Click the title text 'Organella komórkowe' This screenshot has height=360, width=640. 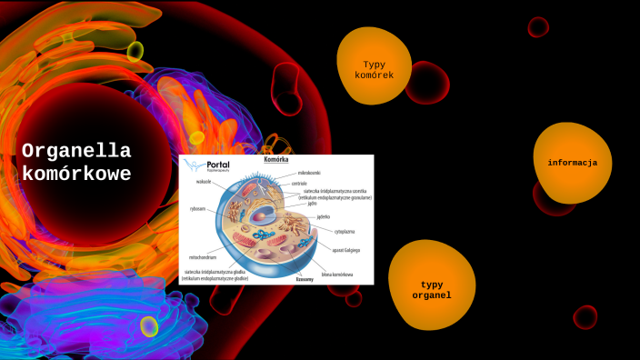tap(76, 162)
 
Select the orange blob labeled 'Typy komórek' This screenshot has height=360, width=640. tap(374, 69)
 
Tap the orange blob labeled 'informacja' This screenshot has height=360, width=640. tap(572, 163)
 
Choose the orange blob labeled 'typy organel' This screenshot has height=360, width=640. tap(430, 289)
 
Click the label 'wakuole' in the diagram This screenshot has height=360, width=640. tap(203, 181)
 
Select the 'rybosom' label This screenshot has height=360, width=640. tap(198, 208)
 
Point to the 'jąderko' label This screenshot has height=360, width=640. tap(324, 216)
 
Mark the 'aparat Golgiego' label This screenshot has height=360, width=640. tap(345, 249)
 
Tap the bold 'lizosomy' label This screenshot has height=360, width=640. tap(304, 279)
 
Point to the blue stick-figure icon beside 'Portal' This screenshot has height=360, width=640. tap(193, 165)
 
